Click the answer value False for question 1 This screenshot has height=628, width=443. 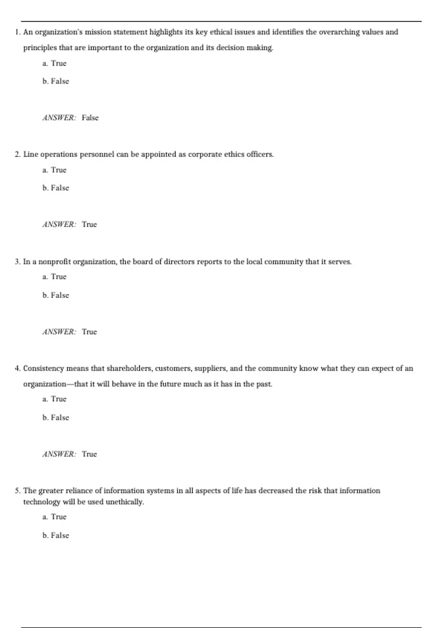[x=90, y=118]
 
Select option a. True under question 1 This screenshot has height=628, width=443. [x=55, y=64]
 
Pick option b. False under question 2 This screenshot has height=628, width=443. [x=56, y=188]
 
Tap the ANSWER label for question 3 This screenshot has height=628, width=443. [x=59, y=332]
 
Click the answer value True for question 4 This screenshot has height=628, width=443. [x=89, y=454]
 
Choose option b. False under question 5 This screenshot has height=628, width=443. [x=56, y=536]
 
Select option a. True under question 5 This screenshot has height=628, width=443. [x=55, y=517]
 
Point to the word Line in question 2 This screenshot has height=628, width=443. [x=30, y=154]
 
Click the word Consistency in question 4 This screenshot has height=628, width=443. [x=44, y=369]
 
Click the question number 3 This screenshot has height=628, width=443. [x=17, y=262]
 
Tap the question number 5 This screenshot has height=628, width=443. [x=17, y=491]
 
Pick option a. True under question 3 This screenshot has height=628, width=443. [x=55, y=277]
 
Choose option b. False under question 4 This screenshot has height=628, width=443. [x=56, y=418]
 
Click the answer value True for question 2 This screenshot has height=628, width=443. [x=89, y=225]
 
